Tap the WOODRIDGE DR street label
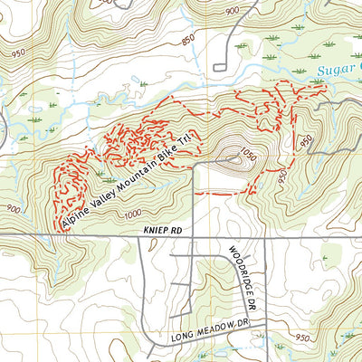click(237, 264)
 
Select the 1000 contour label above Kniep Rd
click(134, 214)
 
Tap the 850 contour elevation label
click(187, 41)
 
